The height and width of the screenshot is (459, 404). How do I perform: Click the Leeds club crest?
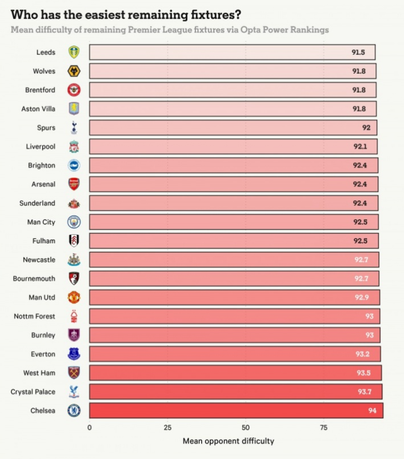click(74, 52)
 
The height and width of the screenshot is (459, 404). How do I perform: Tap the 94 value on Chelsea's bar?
click(371, 410)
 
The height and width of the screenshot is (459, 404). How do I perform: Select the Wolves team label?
click(45, 71)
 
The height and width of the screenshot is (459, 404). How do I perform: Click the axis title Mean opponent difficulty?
click(228, 441)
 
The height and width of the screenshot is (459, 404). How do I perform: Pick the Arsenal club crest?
click(74, 184)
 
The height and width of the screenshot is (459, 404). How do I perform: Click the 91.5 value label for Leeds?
click(358, 52)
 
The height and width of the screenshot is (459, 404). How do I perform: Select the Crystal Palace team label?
click(33, 392)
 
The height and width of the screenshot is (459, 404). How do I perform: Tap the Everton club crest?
click(74, 354)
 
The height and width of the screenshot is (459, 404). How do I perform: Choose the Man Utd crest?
click(74, 297)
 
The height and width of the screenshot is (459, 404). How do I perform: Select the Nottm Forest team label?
click(35, 316)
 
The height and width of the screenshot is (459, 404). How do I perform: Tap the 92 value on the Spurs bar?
click(366, 127)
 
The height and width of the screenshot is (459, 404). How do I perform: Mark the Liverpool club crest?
click(74, 146)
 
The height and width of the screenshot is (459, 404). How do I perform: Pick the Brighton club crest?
click(74, 165)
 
